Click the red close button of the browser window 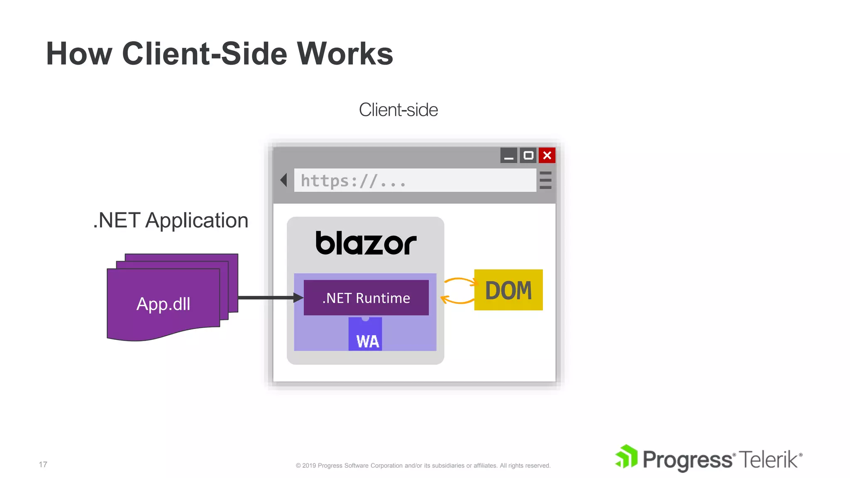547,156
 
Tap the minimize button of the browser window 509,156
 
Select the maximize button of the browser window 528,156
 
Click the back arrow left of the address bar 284,180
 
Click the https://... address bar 415,180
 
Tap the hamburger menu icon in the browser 545,180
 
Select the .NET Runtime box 366,298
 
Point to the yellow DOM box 508,290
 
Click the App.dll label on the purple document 163,304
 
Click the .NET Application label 171,220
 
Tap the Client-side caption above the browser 398,110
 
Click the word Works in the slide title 344,54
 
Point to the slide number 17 43,464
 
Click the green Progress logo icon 626,456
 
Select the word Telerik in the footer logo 769,460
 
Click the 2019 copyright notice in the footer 423,466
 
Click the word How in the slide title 79,54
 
